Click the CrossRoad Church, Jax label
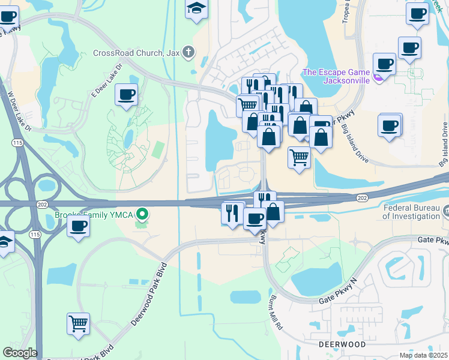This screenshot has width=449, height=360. click(x=137, y=52)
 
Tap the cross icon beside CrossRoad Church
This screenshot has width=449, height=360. click(x=188, y=52)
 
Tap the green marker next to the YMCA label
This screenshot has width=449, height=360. click(x=142, y=213)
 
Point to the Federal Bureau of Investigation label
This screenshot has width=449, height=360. click(x=413, y=213)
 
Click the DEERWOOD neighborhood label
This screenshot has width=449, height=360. click(x=342, y=345)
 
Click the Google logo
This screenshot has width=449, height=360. click(x=20, y=353)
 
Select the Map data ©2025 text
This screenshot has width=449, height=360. click(x=423, y=355)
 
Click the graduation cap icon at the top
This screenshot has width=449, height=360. click(x=196, y=9)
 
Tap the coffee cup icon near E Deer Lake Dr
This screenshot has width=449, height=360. click(x=127, y=94)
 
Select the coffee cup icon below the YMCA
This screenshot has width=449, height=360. click(x=78, y=226)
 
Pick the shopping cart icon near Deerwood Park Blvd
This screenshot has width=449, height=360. click(x=78, y=324)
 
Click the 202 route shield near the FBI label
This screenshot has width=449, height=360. click(x=362, y=197)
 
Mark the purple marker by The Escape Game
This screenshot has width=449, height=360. click(x=378, y=77)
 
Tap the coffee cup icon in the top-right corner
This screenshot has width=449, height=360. click(x=417, y=13)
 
